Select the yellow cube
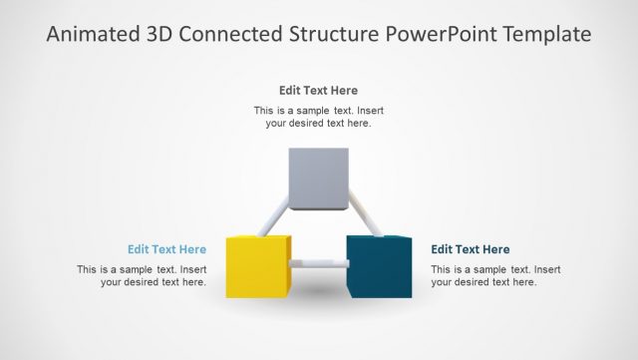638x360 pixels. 257,266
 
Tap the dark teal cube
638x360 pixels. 379,266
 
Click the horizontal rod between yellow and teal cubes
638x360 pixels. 319,264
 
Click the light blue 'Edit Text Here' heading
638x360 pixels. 166,249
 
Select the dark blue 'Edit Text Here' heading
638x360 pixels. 470,249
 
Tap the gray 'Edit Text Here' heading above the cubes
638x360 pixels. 318,90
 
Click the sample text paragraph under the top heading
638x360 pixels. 318,117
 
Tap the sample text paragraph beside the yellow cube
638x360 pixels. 143,275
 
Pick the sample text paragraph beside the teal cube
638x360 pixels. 495,275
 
